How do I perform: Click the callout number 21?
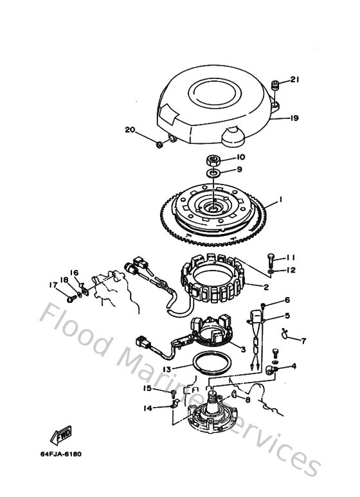click(295, 80)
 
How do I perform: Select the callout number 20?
click(130, 130)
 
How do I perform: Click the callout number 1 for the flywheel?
click(280, 201)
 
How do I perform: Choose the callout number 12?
click(291, 270)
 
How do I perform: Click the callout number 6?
click(287, 300)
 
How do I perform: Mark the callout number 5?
click(287, 316)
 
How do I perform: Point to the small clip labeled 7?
click(285, 332)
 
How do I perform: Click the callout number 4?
click(293, 366)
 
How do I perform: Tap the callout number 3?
click(242, 349)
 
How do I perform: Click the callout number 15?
click(147, 389)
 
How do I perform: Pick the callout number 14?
click(147, 408)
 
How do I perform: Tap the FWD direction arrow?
click(63, 437)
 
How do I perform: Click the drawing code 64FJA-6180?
click(60, 454)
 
